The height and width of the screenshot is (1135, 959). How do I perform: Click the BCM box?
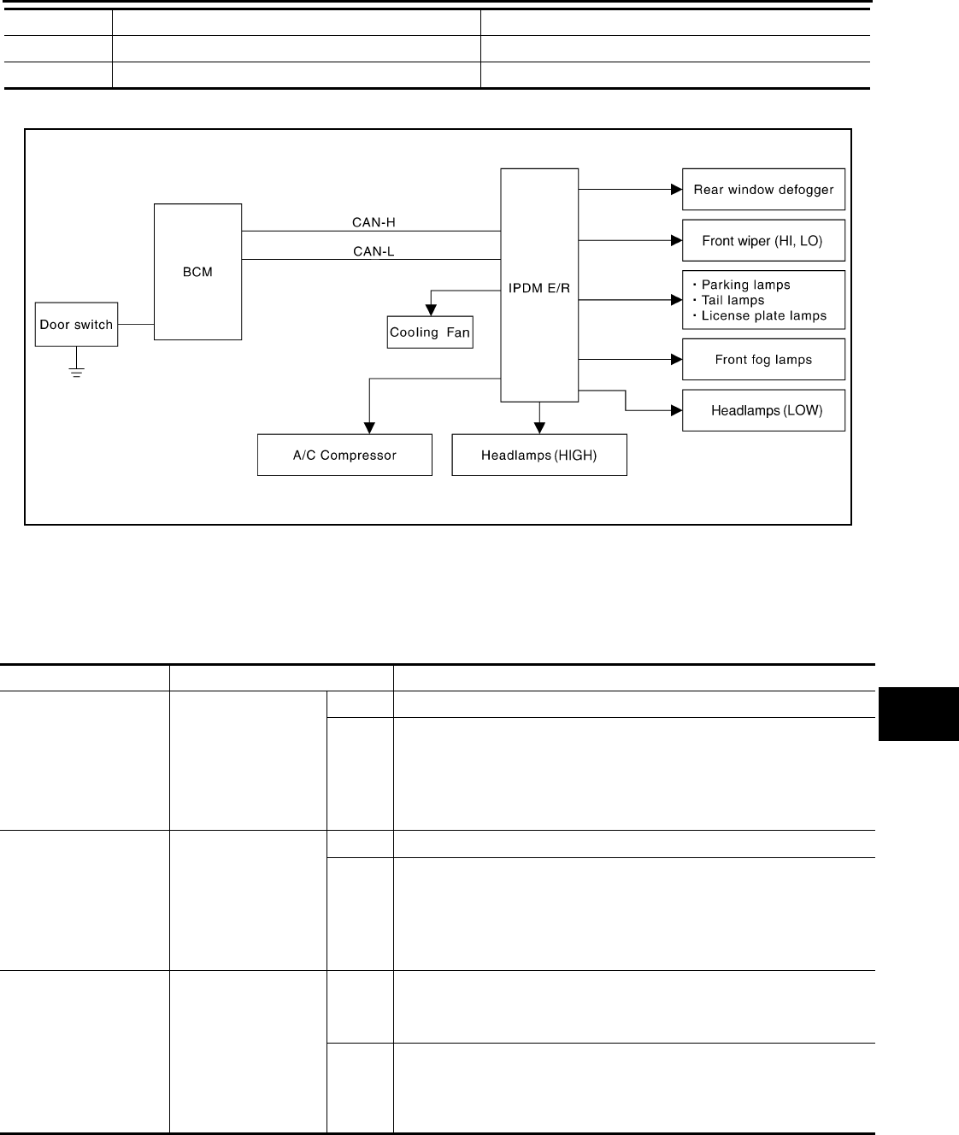[197, 272]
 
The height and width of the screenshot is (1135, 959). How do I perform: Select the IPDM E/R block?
[539, 285]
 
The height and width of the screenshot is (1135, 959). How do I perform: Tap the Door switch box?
[76, 325]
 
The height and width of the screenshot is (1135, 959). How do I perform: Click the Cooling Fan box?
[430, 332]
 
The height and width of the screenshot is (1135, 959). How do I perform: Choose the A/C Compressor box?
[344, 456]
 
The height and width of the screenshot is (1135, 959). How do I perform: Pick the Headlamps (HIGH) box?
[538, 456]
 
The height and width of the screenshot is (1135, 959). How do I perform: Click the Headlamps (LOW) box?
[763, 411]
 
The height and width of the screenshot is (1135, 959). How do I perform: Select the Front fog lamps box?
[763, 360]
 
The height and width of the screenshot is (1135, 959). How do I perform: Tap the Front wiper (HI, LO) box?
[763, 241]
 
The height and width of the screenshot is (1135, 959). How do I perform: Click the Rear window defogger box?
[763, 190]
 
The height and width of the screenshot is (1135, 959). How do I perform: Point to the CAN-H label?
[374, 222]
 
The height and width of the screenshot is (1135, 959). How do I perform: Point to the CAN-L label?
[374, 251]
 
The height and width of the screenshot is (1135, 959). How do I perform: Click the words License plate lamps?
[764, 316]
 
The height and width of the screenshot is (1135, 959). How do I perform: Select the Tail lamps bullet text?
[732, 301]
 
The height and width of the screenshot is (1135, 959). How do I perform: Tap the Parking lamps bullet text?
[745, 285]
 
